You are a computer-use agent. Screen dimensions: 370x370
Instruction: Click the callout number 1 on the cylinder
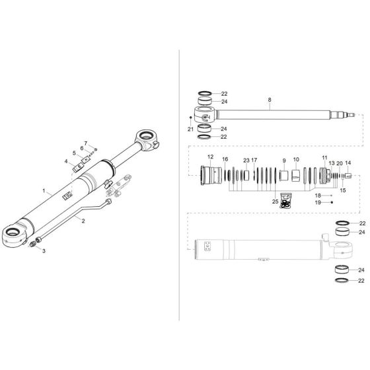click(x=44, y=191)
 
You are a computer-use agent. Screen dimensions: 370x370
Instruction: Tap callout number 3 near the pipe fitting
click(x=44, y=252)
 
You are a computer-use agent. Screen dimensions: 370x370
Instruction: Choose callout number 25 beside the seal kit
click(x=275, y=202)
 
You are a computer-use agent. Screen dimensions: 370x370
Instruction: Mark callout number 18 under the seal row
click(x=318, y=196)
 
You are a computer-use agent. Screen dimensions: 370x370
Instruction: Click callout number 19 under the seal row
click(x=318, y=202)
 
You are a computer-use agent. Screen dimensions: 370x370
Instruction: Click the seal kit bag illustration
click(x=285, y=201)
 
